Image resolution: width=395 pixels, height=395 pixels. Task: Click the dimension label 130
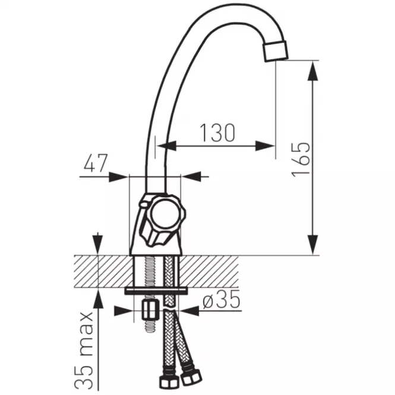click(x=217, y=132)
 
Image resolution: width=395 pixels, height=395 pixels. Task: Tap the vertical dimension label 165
click(x=301, y=160)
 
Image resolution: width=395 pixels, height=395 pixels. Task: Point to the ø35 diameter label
click(x=222, y=299)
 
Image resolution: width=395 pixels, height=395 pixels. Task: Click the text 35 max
click(x=84, y=350)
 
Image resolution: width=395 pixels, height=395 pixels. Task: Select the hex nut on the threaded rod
click(x=151, y=310)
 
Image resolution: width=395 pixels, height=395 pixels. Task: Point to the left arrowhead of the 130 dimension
click(x=166, y=146)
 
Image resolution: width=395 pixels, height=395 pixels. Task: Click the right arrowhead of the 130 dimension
click(x=265, y=146)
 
